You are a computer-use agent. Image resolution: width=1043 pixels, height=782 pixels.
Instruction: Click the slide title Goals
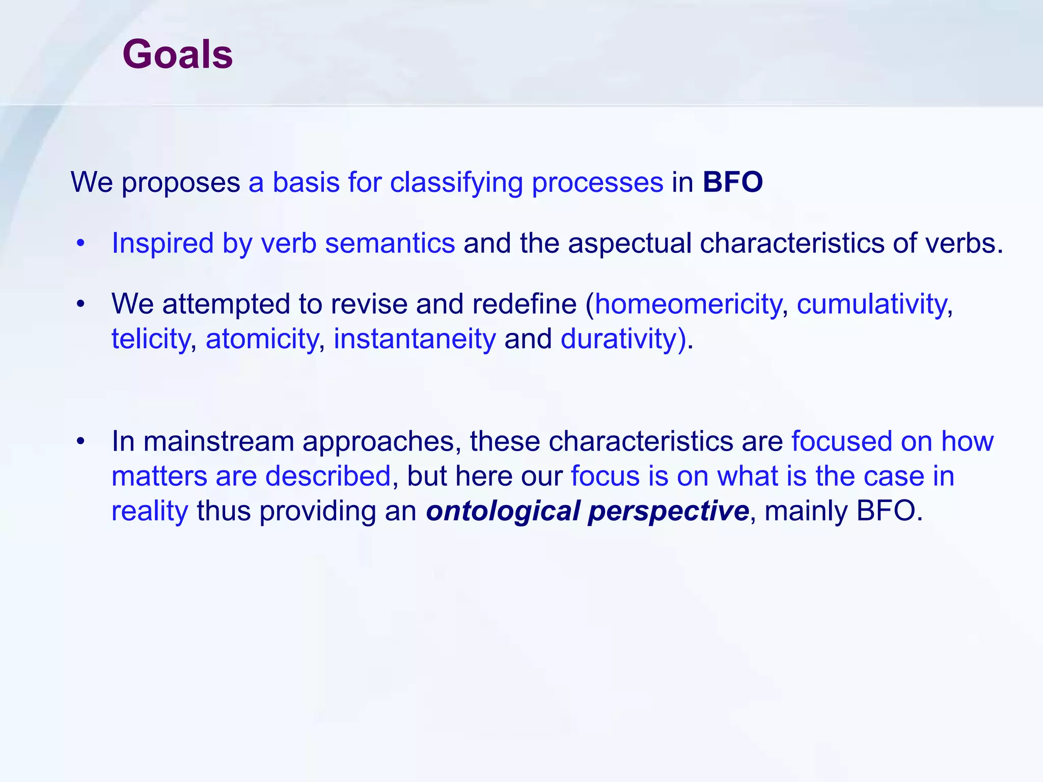click(x=177, y=54)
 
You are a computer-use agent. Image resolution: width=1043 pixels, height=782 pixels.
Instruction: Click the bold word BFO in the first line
click(x=732, y=182)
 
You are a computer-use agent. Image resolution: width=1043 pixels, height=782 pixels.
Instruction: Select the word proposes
click(x=181, y=183)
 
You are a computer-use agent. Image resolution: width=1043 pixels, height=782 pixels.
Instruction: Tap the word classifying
click(x=456, y=183)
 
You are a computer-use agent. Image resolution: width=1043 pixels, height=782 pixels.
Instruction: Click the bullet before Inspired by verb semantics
click(x=80, y=243)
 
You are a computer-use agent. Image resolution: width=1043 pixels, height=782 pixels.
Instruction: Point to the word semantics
click(x=390, y=243)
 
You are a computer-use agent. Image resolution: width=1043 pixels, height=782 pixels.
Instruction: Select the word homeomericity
click(x=688, y=304)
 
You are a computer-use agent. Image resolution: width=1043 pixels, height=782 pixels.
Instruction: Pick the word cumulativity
click(x=871, y=304)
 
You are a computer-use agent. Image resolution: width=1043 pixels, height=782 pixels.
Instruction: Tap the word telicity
click(x=150, y=339)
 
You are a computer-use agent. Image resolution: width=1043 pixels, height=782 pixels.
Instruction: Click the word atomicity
click(x=262, y=339)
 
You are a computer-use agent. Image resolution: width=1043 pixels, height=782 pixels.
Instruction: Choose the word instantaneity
click(x=415, y=339)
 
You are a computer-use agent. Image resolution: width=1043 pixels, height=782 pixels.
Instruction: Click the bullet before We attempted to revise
click(x=80, y=304)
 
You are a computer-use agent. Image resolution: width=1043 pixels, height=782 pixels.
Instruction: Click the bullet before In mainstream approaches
click(x=80, y=441)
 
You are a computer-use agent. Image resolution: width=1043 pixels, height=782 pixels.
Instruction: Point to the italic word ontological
click(x=503, y=511)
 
